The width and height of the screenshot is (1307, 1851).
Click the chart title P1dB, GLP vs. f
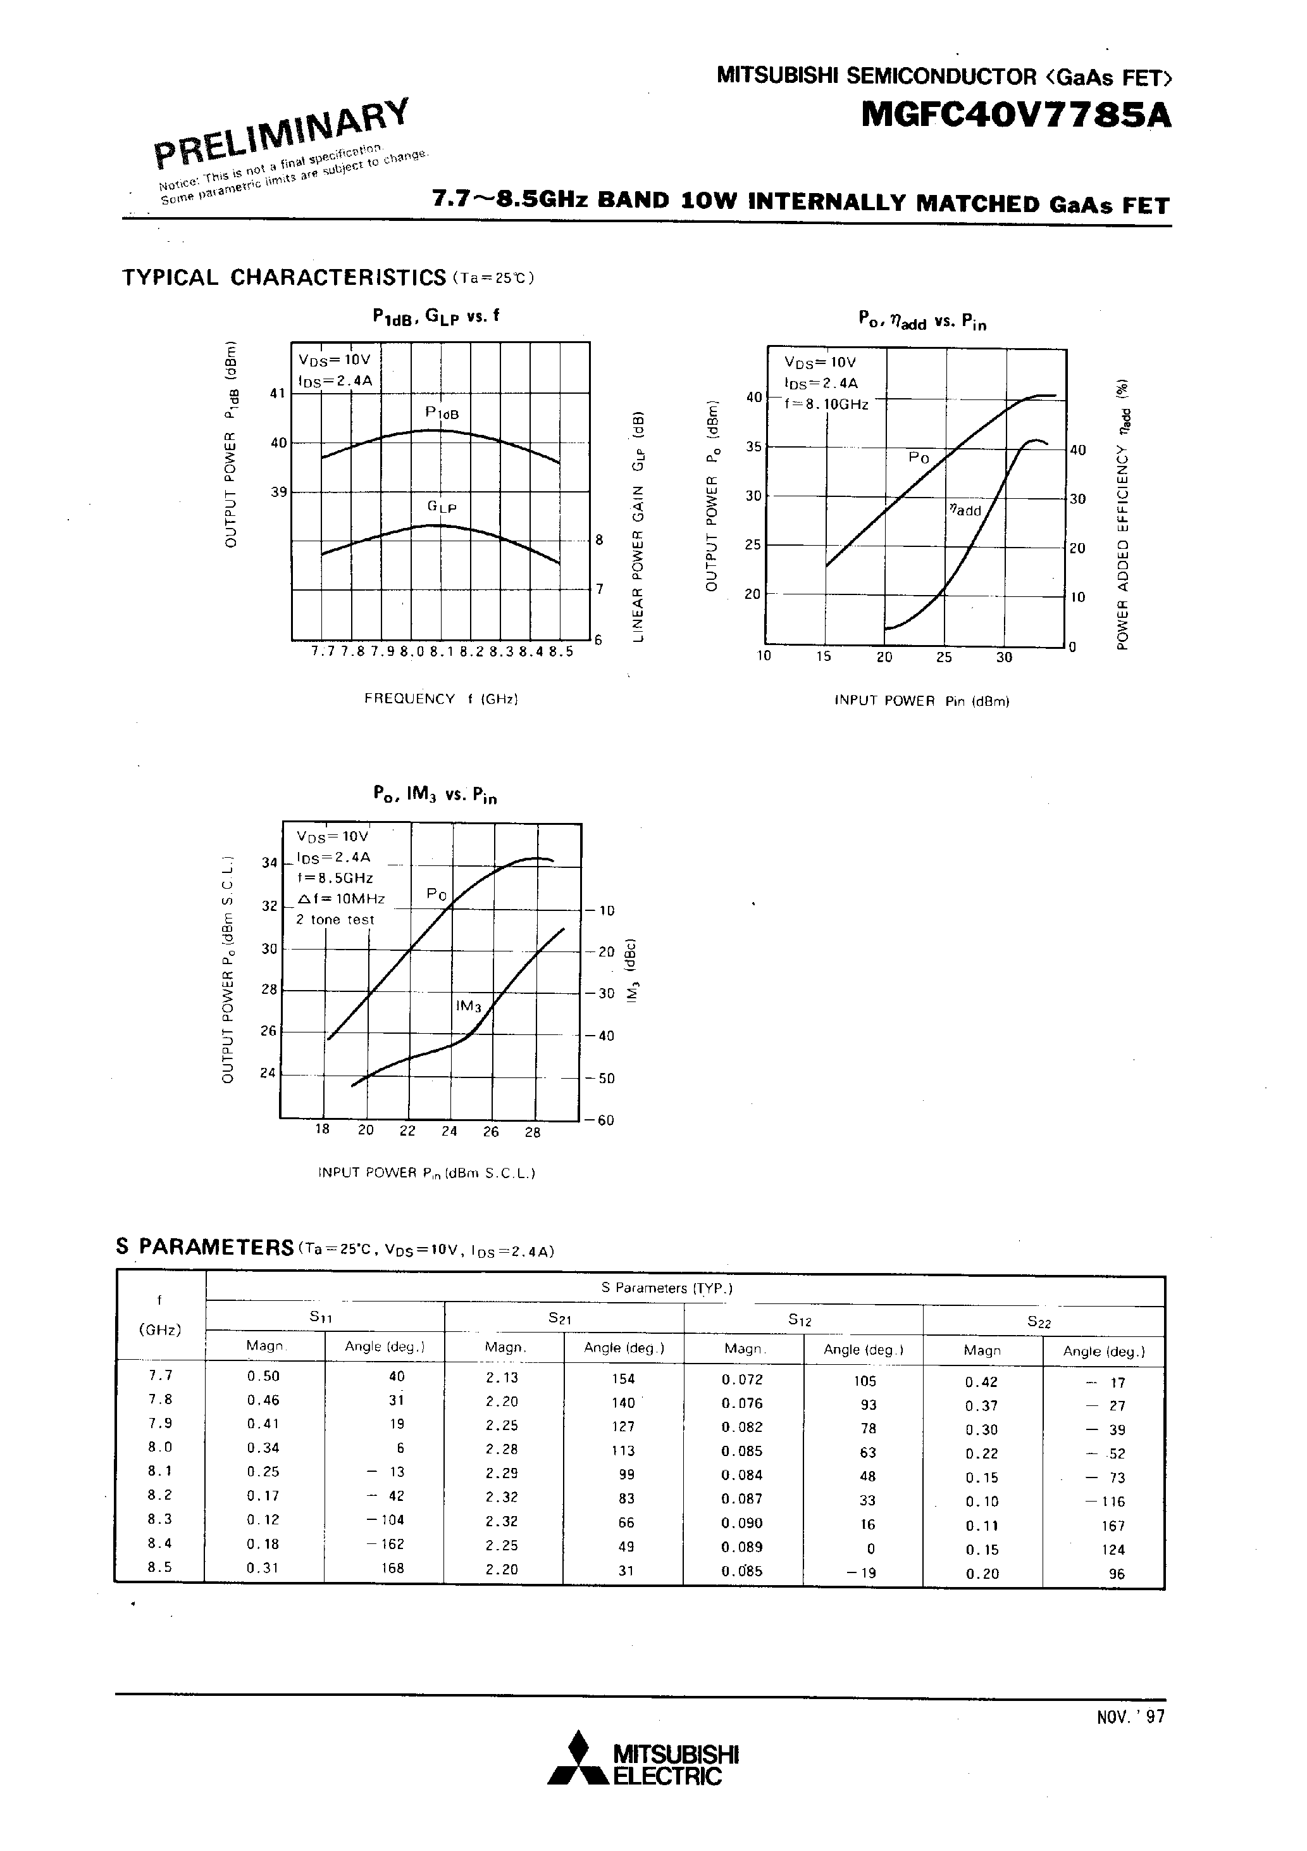tap(436, 316)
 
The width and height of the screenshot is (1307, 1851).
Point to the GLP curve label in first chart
tap(442, 507)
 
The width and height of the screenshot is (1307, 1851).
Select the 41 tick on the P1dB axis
tap(278, 393)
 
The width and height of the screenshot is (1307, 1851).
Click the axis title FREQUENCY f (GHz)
tap(441, 699)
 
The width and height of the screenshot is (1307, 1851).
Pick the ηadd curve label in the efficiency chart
tap(965, 510)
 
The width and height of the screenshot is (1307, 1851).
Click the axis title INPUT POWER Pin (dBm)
tap(922, 701)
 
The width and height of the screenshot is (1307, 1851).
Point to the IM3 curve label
tap(468, 1006)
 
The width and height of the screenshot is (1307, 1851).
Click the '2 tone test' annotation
tap(335, 920)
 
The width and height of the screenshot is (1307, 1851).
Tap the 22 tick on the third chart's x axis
tap(408, 1131)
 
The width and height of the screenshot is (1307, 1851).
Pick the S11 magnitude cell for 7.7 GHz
tap(264, 1376)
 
